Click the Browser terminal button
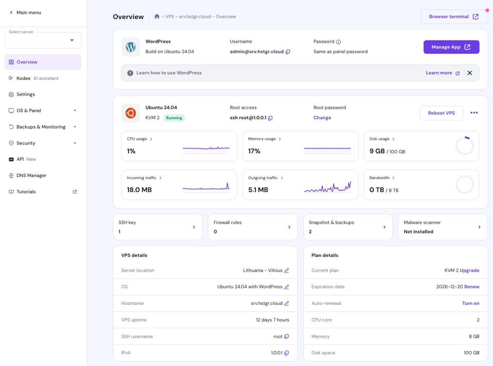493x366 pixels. (454, 17)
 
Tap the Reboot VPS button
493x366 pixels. (441, 113)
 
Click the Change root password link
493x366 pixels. (322, 118)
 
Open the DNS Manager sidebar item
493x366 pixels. (31, 175)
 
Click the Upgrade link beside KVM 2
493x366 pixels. (469, 270)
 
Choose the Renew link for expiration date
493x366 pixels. (472, 287)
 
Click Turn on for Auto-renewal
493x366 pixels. (471, 303)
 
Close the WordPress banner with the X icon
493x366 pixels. (470, 73)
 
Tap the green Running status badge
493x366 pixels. (174, 118)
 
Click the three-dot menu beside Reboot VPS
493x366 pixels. (474, 113)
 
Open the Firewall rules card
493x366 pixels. (252, 227)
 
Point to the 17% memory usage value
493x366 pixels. (254, 151)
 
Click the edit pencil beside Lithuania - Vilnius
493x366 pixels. (287, 271)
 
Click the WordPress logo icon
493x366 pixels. (131, 47)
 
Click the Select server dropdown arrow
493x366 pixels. (72, 41)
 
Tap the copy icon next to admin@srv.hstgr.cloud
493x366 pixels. (288, 52)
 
